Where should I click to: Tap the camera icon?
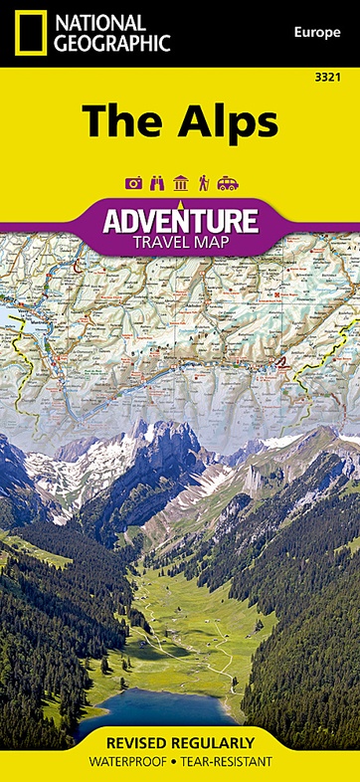[x=133, y=183]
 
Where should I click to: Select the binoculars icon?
[x=157, y=183]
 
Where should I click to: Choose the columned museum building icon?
[x=181, y=183]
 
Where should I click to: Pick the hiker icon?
[x=204, y=183]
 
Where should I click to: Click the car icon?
[x=228, y=183]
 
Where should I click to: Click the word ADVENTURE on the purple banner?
[x=180, y=219]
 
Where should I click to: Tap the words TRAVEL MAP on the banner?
[x=180, y=241]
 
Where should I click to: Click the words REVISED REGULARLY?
[x=180, y=744]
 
